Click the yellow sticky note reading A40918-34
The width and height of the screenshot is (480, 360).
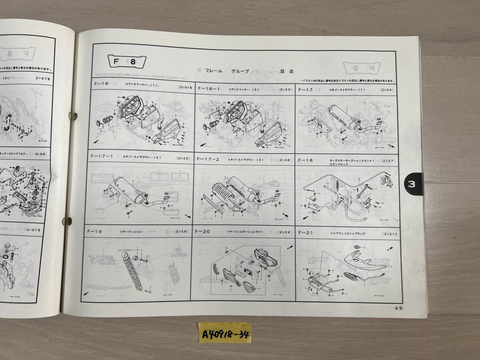[x=225, y=332]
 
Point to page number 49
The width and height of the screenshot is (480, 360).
[x=398, y=308]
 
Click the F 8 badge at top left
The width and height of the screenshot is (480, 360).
[x=127, y=62]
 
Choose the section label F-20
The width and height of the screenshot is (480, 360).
[x=202, y=232]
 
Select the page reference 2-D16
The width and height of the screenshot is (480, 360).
[x=185, y=88]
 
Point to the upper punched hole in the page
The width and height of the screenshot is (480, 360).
[x=73, y=116]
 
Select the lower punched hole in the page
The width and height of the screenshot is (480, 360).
[x=68, y=221]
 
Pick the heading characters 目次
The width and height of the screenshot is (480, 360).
[x=286, y=71]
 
